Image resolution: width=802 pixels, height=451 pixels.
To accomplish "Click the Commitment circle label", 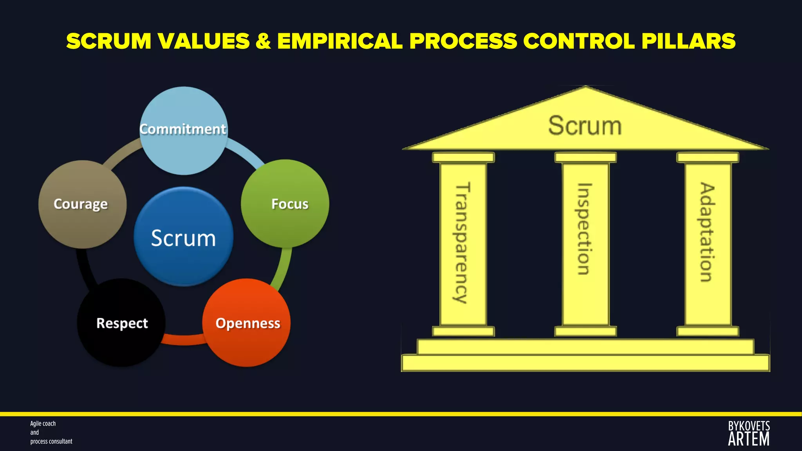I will [183, 129].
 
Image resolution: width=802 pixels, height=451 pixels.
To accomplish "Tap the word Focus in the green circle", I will [290, 204].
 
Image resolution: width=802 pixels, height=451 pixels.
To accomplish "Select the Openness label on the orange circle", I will [248, 323].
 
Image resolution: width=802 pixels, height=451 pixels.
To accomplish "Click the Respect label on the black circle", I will [122, 323].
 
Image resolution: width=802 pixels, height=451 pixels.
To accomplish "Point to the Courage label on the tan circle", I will [81, 204].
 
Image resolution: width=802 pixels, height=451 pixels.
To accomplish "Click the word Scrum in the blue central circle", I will [183, 238].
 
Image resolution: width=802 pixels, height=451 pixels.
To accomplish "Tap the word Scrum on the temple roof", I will [585, 126].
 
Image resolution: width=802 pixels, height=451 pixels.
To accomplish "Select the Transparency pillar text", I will [462, 243].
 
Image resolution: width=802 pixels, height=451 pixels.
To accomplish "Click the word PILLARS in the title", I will [688, 41].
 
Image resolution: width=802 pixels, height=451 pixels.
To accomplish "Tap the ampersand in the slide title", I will [263, 41].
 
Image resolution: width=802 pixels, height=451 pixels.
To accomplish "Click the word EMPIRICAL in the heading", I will [340, 41].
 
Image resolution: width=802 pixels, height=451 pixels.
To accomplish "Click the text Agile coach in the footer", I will [43, 424].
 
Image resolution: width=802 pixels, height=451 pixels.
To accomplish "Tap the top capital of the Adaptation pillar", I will [707, 157].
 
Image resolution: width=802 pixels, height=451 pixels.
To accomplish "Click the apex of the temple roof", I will [585, 88].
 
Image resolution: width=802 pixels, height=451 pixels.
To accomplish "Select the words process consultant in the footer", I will [51, 442].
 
